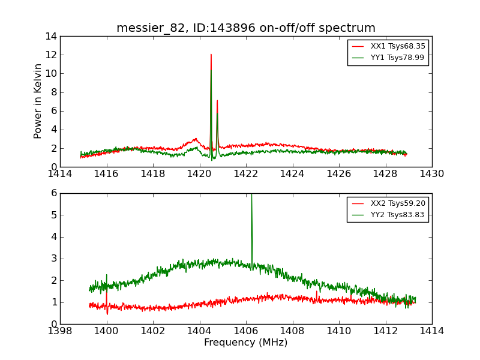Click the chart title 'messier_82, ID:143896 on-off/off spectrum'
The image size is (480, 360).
[246, 28]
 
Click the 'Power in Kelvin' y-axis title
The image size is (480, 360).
[38, 101]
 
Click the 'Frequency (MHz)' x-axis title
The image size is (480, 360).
[246, 343]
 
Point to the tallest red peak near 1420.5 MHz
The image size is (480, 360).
[211, 55]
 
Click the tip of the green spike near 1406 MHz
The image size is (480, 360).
[251, 194]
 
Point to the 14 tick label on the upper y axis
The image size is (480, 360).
[50, 36]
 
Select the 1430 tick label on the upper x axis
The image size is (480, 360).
[431, 174]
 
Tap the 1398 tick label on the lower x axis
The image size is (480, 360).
[60, 331]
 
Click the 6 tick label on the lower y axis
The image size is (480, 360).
[53, 193]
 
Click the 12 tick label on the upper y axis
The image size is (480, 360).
[50, 55]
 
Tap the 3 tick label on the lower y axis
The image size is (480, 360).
[53, 259]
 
